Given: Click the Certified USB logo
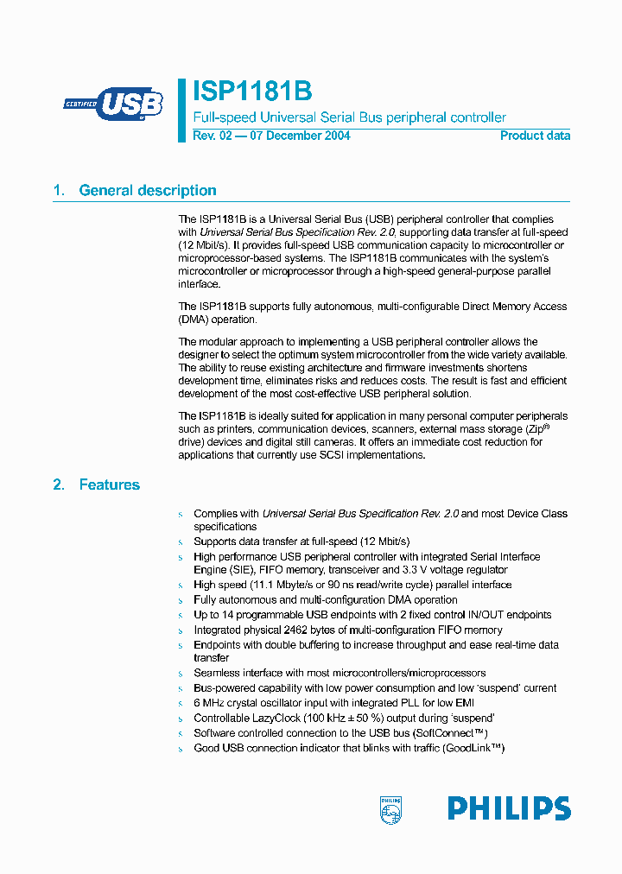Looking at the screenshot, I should (112, 104).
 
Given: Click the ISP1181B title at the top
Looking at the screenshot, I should (251, 92).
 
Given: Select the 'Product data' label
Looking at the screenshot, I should (535, 136).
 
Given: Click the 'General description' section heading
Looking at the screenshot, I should (148, 191).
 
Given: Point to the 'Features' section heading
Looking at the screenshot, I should (109, 485).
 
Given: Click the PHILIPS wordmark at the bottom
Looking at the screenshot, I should (509, 809).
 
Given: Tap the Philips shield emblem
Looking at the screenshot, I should (391, 810).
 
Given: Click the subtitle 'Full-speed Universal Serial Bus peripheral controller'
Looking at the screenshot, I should (349, 117).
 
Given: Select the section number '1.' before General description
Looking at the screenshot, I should (59, 191).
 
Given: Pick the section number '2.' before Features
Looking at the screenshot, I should (59, 485).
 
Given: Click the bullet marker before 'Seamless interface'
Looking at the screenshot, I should (181, 674).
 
